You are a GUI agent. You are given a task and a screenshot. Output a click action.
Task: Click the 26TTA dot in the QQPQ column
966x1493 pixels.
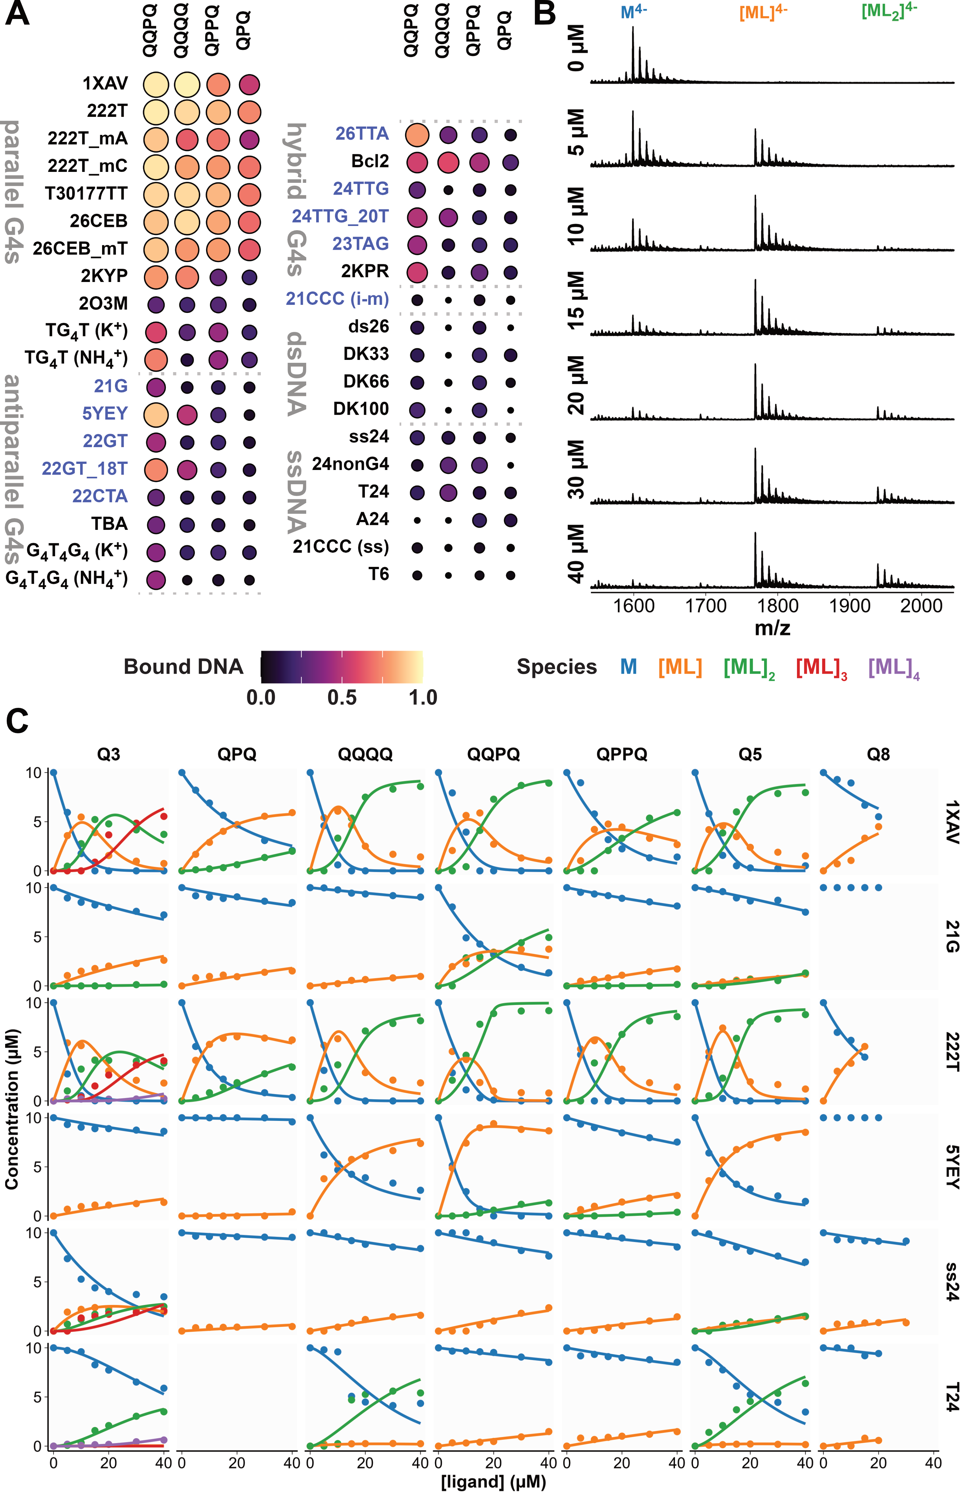pos(417,134)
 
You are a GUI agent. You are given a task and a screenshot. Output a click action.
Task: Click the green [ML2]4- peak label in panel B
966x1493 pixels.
pos(888,11)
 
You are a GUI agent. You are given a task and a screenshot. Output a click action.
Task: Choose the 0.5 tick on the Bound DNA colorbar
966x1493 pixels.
pos(342,697)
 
